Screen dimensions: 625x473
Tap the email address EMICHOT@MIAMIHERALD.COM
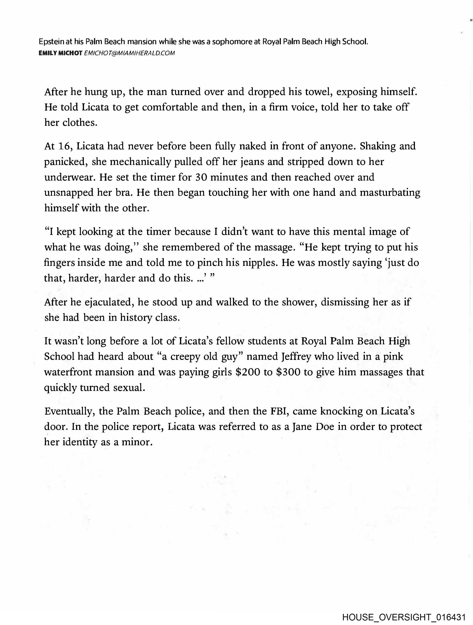pos(129,53)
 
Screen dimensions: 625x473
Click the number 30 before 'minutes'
pos(201,177)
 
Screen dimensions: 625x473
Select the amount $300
pos(288,372)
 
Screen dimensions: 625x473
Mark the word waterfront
pos(68,372)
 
